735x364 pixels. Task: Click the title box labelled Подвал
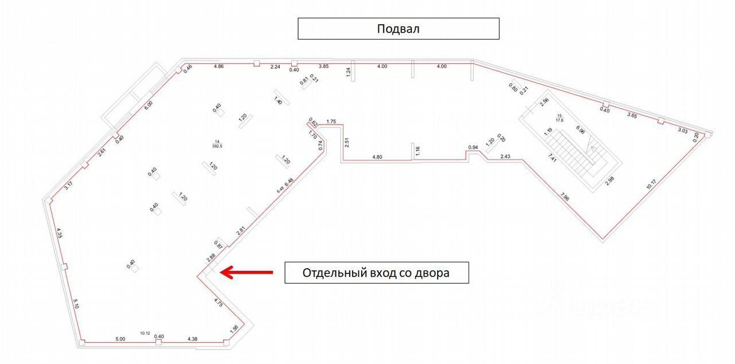pyautogui.click(x=398, y=29)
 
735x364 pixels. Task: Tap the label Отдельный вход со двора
pyautogui.click(x=376, y=273)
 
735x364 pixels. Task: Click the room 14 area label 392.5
pyautogui.click(x=217, y=146)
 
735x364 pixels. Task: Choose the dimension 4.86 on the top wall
pyautogui.click(x=218, y=67)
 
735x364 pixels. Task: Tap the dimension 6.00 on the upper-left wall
pyautogui.click(x=148, y=105)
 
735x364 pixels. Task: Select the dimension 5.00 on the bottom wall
pyautogui.click(x=119, y=339)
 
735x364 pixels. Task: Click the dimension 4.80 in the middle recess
pyautogui.click(x=377, y=156)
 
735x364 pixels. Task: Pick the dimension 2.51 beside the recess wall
pyautogui.click(x=346, y=142)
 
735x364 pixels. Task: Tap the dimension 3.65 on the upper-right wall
pyautogui.click(x=632, y=115)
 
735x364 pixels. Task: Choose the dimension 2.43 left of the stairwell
pyautogui.click(x=505, y=156)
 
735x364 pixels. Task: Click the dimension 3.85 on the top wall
pyautogui.click(x=324, y=67)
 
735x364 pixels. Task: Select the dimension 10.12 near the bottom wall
pyautogui.click(x=145, y=332)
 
